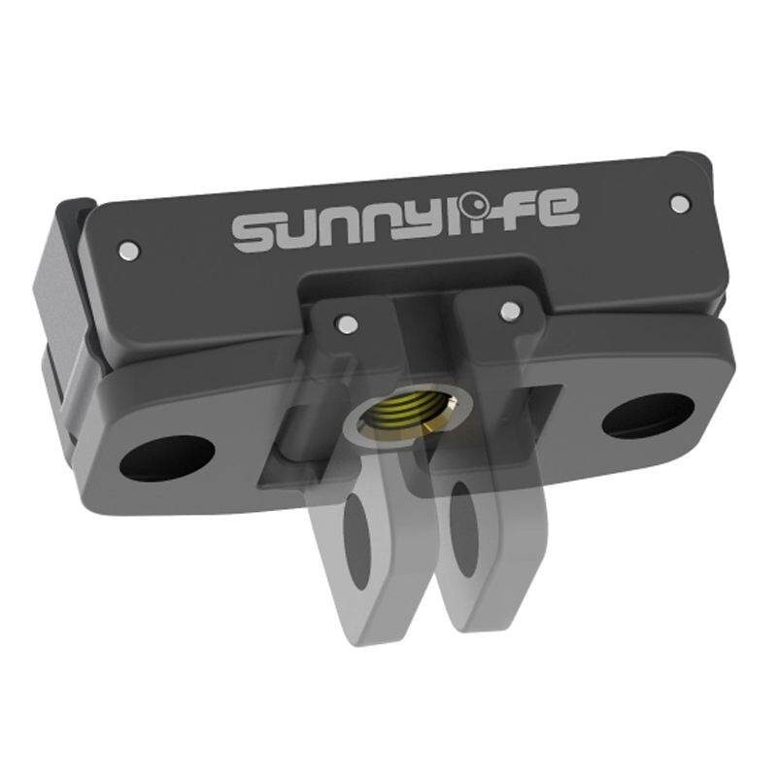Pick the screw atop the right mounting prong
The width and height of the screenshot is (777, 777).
[506, 310]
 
